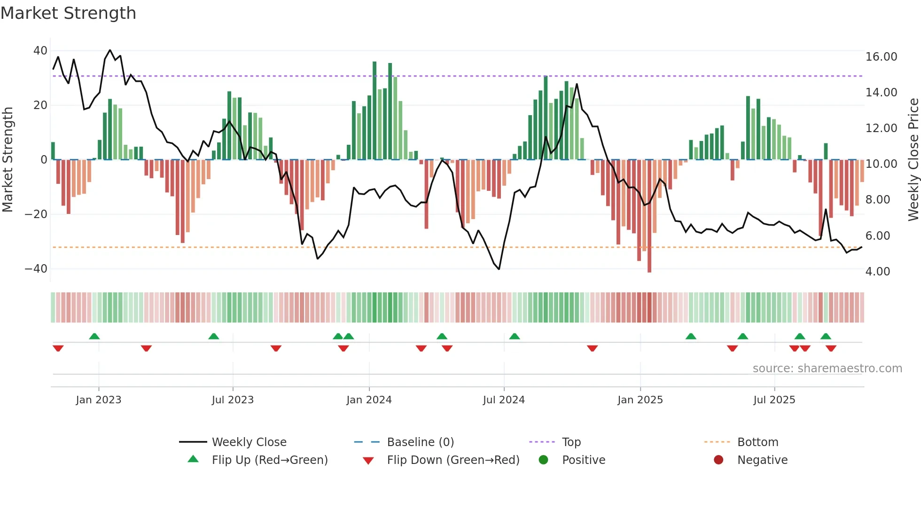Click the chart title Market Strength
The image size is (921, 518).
pyautogui.click(x=68, y=13)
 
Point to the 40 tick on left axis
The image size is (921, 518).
pyautogui.click(x=40, y=51)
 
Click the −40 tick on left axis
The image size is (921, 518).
pyautogui.click(x=36, y=269)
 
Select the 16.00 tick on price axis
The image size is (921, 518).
pyautogui.click(x=881, y=57)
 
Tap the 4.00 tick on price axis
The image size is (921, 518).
pyautogui.click(x=877, y=272)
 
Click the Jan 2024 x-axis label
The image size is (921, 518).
pyautogui.click(x=369, y=400)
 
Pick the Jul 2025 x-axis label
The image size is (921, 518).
pyautogui.click(x=774, y=400)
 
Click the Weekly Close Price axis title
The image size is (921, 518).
pyautogui.click(x=913, y=160)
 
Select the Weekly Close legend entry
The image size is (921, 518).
pyautogui.click(x=249, y=442)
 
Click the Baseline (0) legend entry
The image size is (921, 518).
pyautogui.click(x=420, y=442)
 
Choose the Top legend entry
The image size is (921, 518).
pyautogui.click(x=571, y=442)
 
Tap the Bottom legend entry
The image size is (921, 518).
pyautogui.click(x=757, y=442)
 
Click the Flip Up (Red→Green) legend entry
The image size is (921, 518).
pyautogui.click(x=269, y=460)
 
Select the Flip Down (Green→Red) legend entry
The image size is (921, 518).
pyautogui.click(x=453, y=460)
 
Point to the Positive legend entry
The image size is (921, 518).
pyautogui.click(x=583, y=460)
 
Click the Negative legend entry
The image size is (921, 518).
pyautogui.click(x=762, y=460)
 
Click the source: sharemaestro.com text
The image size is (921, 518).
pyautogui.click(x=827, y=369)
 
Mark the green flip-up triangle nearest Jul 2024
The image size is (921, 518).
pyautogui.click(x=515, y=336)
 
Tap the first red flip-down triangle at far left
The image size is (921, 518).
pyautogui.click(x=58, y=348)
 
